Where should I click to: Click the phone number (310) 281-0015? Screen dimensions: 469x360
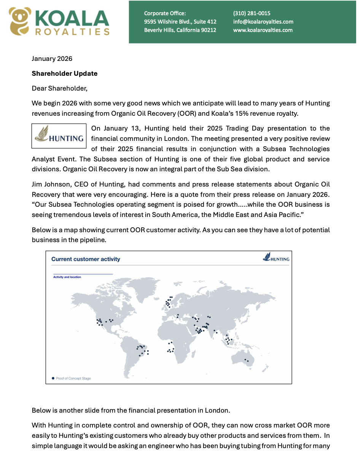tap(252, 13)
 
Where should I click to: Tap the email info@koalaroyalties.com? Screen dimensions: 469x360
tap(263, 22)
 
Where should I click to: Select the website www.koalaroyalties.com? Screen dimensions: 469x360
tap(263, 30)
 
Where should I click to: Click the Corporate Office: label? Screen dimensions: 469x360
tap(165, 13)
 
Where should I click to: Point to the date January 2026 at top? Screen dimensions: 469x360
tap(52, 59)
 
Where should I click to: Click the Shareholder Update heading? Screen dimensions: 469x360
tap(64, 73)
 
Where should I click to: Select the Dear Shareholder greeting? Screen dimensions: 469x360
tap(59, 88)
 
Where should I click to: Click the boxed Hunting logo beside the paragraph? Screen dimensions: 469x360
tap(59, 136)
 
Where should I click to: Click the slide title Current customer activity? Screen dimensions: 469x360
tap(86, 259)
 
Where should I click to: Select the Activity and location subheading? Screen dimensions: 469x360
tap(67, 277)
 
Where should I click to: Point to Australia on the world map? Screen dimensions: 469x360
tap(244, 358)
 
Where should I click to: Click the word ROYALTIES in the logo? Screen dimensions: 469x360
tap(72, 32)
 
